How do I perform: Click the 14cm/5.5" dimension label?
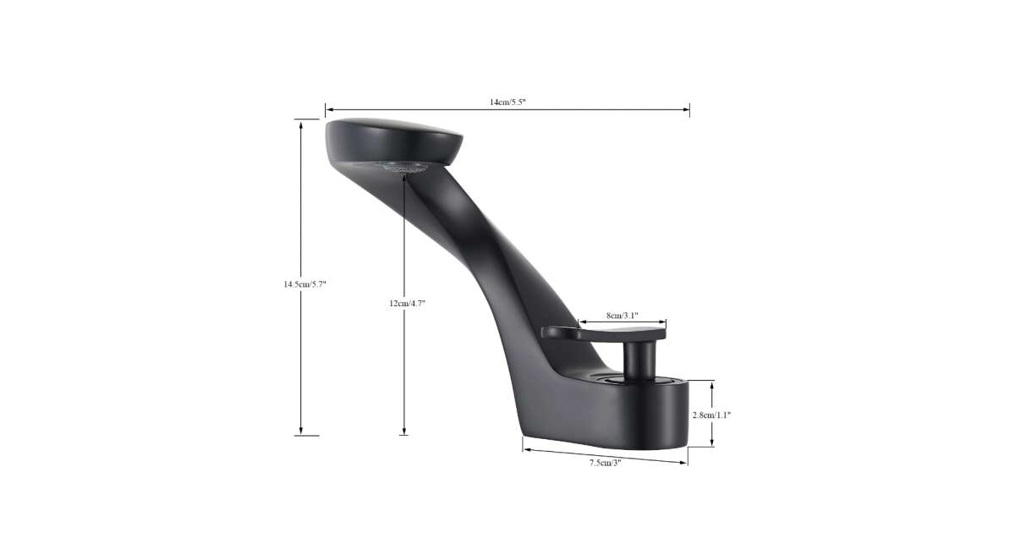[x=507, y=102]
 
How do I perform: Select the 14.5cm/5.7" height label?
[x=304, y=284]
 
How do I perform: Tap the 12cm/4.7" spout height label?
[x=408, y=303]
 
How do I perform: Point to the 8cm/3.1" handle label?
[x=623, y=316]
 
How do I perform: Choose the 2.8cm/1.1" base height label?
[x=711, y=415]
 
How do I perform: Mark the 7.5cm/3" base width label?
[x=605, y=463]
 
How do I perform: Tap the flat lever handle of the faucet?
[x=604, y=332]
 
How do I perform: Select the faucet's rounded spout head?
[x=393, y=141]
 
